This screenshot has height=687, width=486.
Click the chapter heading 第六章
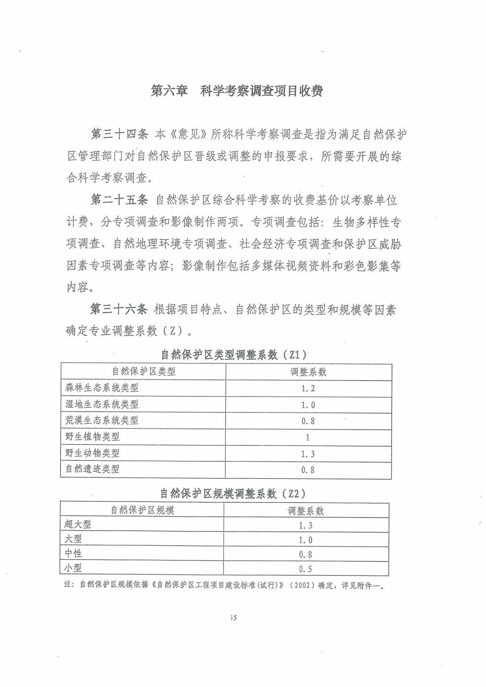point(169,91)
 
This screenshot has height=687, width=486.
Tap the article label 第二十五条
point(119,200)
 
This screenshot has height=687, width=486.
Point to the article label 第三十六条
point(119,309)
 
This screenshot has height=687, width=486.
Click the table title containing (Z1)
point(234,355)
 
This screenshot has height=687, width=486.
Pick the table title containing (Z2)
point(233,494)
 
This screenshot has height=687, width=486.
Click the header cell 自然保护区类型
point(144,371)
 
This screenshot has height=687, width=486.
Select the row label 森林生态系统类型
point(102,388)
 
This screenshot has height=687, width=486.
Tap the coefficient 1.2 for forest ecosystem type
point(308,389)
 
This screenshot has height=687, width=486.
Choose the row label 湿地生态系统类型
point(102,404)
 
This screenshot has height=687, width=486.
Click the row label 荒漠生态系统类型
point(102,421)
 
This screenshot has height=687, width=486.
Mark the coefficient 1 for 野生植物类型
point(308,437)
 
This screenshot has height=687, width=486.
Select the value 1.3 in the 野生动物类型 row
point(308,454)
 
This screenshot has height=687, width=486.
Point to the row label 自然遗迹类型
point(92,469)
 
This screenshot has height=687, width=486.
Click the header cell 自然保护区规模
point(142,510)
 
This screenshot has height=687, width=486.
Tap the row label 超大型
point(77,524)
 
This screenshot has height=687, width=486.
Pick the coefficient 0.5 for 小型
point(305,569)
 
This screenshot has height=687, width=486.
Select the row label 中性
point(73,553)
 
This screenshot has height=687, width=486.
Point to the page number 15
point(233,618)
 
